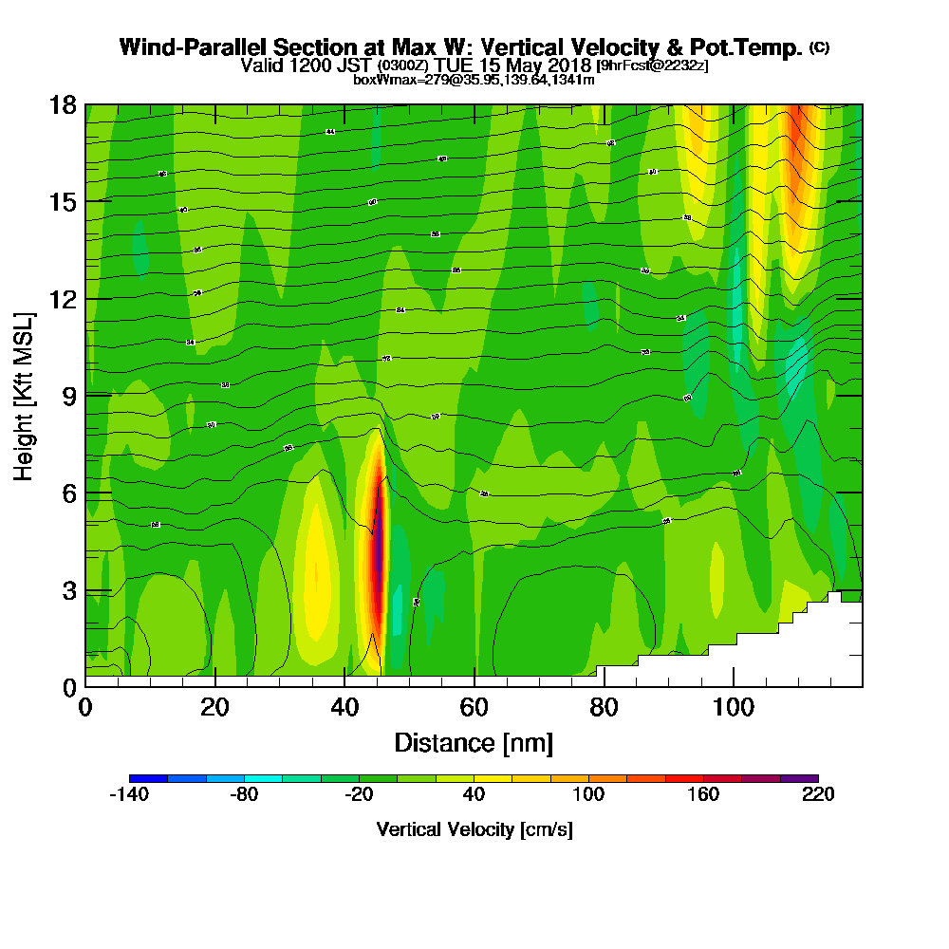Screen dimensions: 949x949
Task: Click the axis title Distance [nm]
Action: coord(474,742)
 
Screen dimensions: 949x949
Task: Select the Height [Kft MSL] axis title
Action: coord(25,395)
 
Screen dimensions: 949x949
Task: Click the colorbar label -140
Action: coord(129,795)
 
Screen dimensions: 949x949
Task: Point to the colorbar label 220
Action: coord(818,795)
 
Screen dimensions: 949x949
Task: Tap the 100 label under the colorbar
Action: coord(588,795)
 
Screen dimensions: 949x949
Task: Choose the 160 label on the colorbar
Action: coord(703,795)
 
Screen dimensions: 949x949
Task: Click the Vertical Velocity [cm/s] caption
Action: coord(474,829)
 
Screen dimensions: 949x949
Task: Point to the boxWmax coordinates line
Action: coord(474,80)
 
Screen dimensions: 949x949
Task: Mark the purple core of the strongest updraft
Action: coord(379,550)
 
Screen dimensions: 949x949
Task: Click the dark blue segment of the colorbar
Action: coord(148,778)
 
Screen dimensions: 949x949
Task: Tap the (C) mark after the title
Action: coord(819,47)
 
